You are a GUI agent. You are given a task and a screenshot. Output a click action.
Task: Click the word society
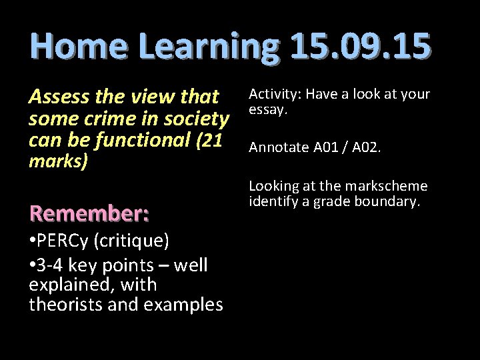tap(193, 120)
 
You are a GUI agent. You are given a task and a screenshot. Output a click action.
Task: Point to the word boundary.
tap(391, 200)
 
